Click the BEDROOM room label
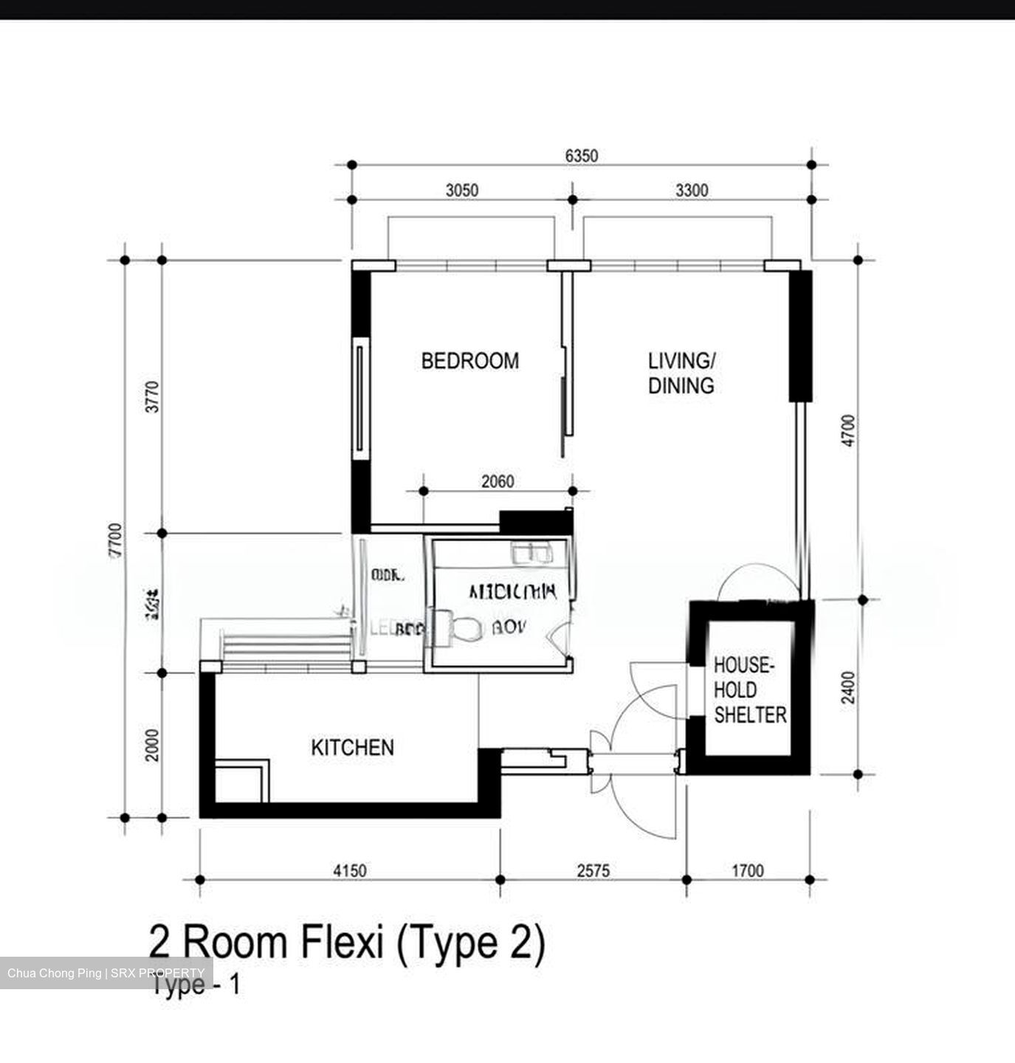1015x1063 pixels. pos(469,361)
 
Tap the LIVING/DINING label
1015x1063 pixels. pos(681,373)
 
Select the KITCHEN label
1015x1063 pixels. pos(352,748)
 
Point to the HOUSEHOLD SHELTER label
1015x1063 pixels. pos(749,690)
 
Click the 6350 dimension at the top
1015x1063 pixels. pos(581,156)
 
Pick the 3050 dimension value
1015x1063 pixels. pos(461,190)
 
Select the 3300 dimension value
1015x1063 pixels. pos(692,190)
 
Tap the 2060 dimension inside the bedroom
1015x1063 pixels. pos(498,482)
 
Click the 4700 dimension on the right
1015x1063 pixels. pos(849,430)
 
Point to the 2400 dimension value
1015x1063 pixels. pos(849,687)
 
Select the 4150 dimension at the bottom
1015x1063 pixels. pos(349,871)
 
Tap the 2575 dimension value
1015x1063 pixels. pos(593,871)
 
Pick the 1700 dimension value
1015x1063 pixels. pos(747,871)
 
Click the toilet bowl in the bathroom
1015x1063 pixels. pos(463,628)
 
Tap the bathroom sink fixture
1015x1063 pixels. pos(529,552)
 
